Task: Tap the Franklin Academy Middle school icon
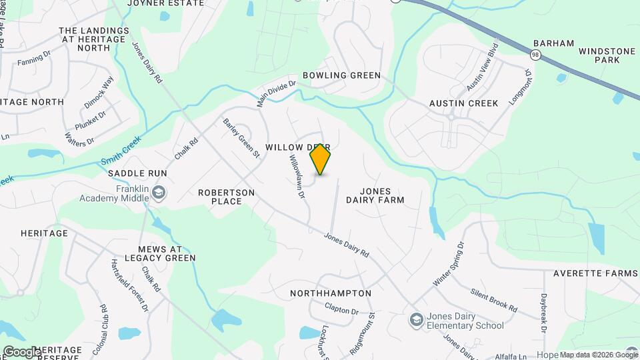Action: [159, 193]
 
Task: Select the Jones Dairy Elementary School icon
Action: [417, 320]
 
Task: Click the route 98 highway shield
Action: [536, 53]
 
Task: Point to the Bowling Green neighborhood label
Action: [341, 75]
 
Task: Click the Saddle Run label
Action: [137, 173]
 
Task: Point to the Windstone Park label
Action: [599, 55]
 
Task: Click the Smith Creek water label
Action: [121, 154]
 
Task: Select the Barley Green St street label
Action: [241, 138]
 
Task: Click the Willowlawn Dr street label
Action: [297, 177]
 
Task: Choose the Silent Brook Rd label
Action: [493, 300]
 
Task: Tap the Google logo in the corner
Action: [21, 351]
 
